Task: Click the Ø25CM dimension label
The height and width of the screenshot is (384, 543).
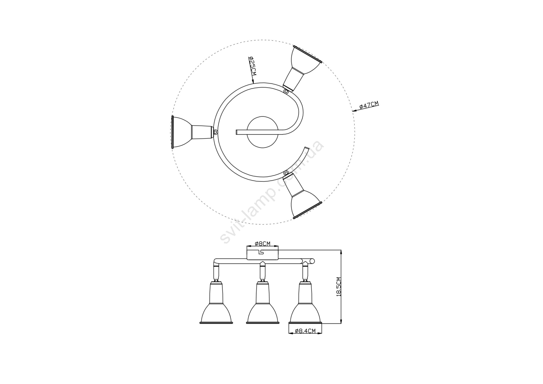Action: pyautogui.click(x=252, y=66)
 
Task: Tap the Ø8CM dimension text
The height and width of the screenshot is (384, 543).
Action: pyautogui.click(x=263, y=243)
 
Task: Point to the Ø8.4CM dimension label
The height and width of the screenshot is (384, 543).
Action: pyautogui.click(x=305, y=331)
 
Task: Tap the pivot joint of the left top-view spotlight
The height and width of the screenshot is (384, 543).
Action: pyautogui.click(x=216, y=132)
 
